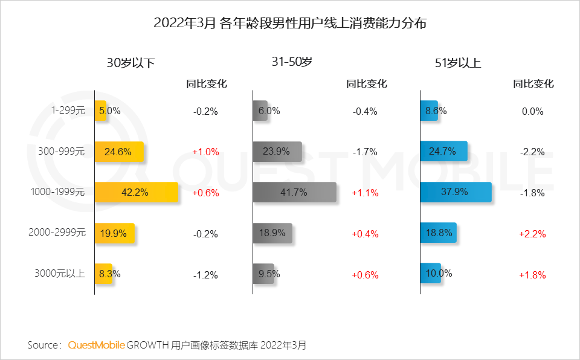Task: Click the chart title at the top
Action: (x=290, y=24)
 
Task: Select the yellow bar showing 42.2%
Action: (x=137, y=193)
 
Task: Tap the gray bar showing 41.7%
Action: (x=295, y=193)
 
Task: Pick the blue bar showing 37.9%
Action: (x=456, y=193)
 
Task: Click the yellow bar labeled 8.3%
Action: (x=103, y=274)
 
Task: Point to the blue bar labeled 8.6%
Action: (x=429, y=111)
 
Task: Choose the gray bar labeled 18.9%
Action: (x=272, y=233)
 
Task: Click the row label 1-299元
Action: (x=68, y=111)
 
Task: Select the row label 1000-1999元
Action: (x=57, y=193)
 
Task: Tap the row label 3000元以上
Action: (x=59, y=274)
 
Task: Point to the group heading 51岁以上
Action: (x=458, y=63)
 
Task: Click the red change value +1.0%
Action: (x=205, y=152)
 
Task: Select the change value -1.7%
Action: (x=364, y=152)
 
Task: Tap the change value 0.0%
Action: (x=532, y=112)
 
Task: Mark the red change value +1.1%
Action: (x=364, y=193)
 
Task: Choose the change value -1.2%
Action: (x=205, y=275)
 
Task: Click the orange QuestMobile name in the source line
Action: (x=97, y=346)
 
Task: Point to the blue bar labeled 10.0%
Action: (x=430, y=274)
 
